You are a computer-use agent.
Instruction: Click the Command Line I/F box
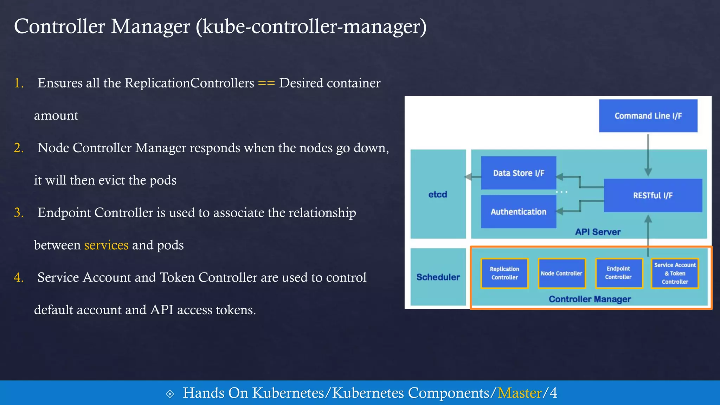[648, 116]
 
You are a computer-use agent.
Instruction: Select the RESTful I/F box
[653, 195]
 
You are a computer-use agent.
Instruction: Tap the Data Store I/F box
[519, 173]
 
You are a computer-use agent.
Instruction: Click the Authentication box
[519, 212]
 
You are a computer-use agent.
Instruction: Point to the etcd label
[438, 194]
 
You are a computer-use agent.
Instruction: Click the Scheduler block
[438, 277]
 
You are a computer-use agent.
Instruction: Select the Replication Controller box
[504, 273]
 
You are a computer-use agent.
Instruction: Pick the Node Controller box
[561, 273]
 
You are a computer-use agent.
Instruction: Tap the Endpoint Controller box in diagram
[618, 273]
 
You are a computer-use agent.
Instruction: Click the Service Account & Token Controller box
[675, 273]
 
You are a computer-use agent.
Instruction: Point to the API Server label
[598, 232]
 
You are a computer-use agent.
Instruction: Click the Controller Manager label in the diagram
[590, 299]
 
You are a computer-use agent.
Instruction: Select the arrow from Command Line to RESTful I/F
[648, 155]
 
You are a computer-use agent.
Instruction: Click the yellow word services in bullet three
[106, 245]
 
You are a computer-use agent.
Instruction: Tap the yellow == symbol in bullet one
[266, 83]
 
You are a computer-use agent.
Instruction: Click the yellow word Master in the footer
[519, 393]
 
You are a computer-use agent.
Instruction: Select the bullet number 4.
[19, 278]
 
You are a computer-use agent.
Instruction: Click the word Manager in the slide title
[150, 27]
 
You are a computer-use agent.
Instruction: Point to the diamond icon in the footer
[170, 394]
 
